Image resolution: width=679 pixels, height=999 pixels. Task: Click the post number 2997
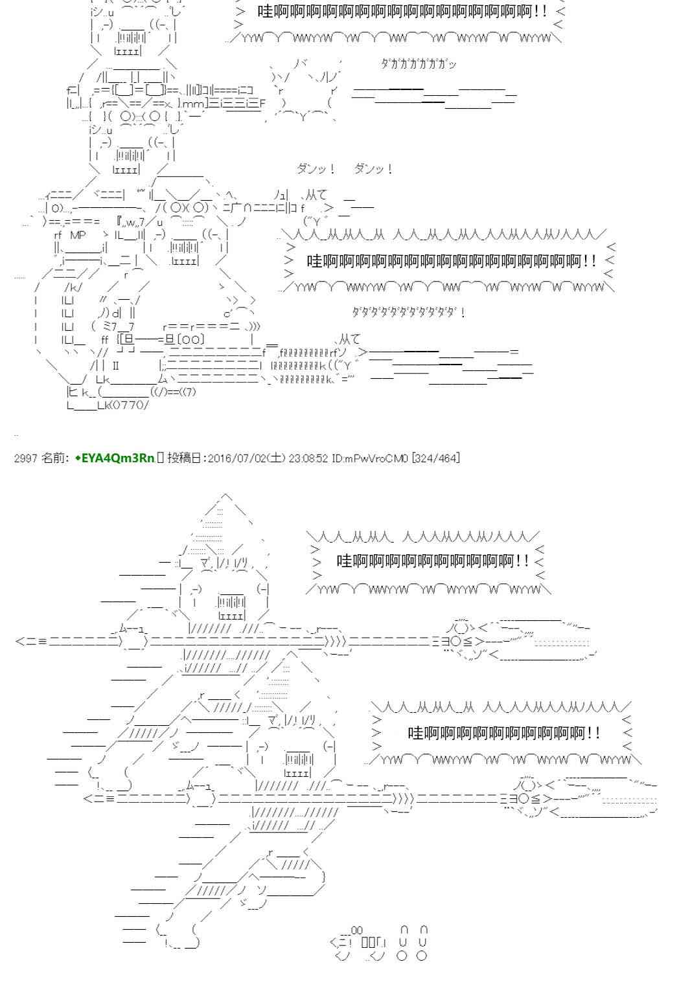click(25, 458)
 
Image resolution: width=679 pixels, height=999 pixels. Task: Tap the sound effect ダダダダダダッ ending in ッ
click(419, 63)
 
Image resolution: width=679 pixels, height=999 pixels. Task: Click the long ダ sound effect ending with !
click(408, 312)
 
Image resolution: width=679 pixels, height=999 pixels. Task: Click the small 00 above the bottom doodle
click(356, 930)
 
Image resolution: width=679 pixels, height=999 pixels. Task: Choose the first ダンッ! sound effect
click(316, 170)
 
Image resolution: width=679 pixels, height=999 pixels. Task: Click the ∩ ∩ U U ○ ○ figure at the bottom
click(413, 943)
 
